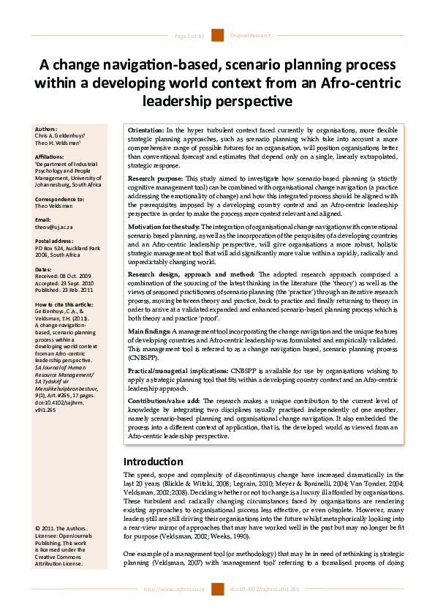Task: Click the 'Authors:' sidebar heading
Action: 45,129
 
